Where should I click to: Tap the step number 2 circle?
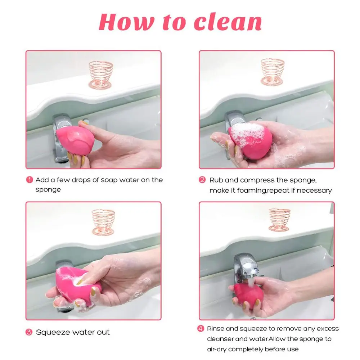point(202,180)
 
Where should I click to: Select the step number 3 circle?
point(29,332)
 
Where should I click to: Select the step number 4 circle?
point(201,328)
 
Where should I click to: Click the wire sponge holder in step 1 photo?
point(101,74)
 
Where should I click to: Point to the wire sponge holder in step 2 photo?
point(273,72)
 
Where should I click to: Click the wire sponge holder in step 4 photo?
point(279,220)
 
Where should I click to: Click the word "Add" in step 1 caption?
point(42,180)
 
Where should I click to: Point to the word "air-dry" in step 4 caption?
point(217,349)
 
